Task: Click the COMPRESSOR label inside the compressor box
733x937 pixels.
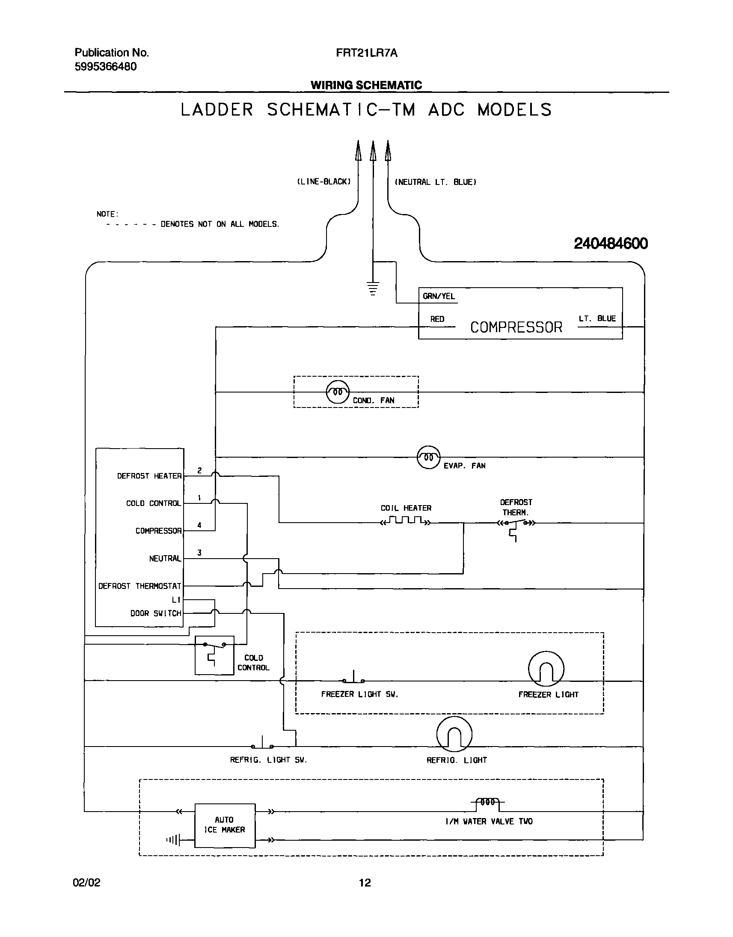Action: click(x=516, y=327)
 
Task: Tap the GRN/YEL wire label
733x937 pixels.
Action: click(x=439, y=296)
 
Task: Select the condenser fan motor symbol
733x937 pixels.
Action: click(x=338, y=392)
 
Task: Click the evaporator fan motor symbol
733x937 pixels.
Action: click(x=428, y=457)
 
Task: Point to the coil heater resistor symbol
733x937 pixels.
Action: click(x=406, y=521)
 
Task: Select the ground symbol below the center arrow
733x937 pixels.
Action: click(x=373, y=288)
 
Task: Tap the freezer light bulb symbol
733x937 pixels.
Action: click(x=546, y=669)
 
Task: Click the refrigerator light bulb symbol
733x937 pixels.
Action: click(x=454, y=735)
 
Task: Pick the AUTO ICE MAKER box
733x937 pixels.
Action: click(x=225, y=825)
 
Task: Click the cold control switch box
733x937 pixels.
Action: click(x=214, y=655)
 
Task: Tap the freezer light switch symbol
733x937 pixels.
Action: click(x=353, y=678)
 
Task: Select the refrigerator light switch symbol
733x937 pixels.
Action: click(x=262, y=744)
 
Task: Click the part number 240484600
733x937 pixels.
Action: click(x=610, y=244)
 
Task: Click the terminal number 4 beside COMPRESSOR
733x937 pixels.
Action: click(x=199, y=525)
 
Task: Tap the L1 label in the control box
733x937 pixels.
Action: click(x=176, y=600)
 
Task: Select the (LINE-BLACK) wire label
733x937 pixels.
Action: click(x=324, y=182)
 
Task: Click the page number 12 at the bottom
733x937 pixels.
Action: click(x=365, y=883)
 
